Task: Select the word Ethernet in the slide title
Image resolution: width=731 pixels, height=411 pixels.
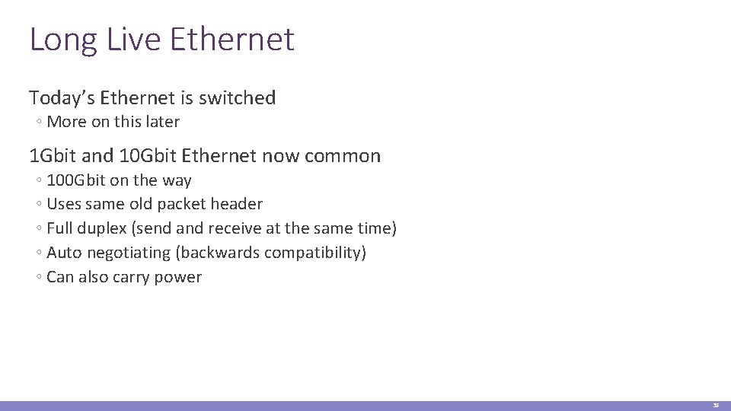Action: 232,40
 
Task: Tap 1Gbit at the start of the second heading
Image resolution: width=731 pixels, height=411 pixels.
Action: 53,156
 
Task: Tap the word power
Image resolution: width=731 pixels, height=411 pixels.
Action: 178,277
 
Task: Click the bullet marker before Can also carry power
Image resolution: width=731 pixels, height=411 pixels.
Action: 38,278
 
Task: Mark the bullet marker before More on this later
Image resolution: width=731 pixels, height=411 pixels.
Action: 38,123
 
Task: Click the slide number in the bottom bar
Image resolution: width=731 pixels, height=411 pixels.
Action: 716,406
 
